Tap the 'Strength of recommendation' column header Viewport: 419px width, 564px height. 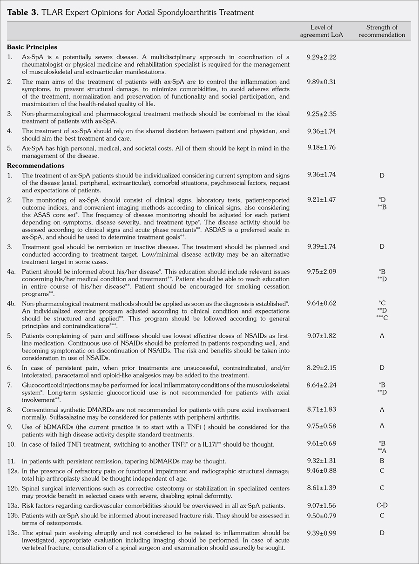click(x=382, y=31)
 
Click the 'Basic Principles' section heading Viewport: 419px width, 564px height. click(x=32, y=47)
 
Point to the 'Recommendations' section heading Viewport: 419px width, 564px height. click(x=35, y=165)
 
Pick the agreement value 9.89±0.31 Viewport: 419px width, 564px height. click(x=321, y=82)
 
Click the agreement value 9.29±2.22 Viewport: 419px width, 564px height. click(x=321, y=57)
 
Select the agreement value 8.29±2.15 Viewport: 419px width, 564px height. click(x=321, y=368)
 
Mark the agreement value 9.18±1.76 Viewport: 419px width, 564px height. click(x=321, y=148)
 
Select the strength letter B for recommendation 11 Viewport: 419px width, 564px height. click(x=382, y=461)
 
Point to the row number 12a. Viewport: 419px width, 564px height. click(x=13, y=471)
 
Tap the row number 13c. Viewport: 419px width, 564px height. click(x=13, y=532)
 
